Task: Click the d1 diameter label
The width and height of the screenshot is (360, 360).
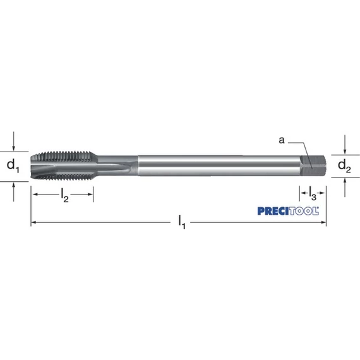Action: (13, 166)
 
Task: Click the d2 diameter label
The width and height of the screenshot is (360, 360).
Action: (344, 166)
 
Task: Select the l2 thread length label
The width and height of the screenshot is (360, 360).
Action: (65, 195)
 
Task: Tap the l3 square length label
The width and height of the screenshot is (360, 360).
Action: (313, 193)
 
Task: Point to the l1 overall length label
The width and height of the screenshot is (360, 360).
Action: (182, 222)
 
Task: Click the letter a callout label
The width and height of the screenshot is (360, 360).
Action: (282, 140)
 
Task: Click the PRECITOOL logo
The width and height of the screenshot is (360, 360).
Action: (288, 211)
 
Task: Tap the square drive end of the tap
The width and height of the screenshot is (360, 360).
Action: (313, 165)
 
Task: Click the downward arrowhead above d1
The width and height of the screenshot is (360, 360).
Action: (13, 148)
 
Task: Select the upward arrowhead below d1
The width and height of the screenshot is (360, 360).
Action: (13, 185)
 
